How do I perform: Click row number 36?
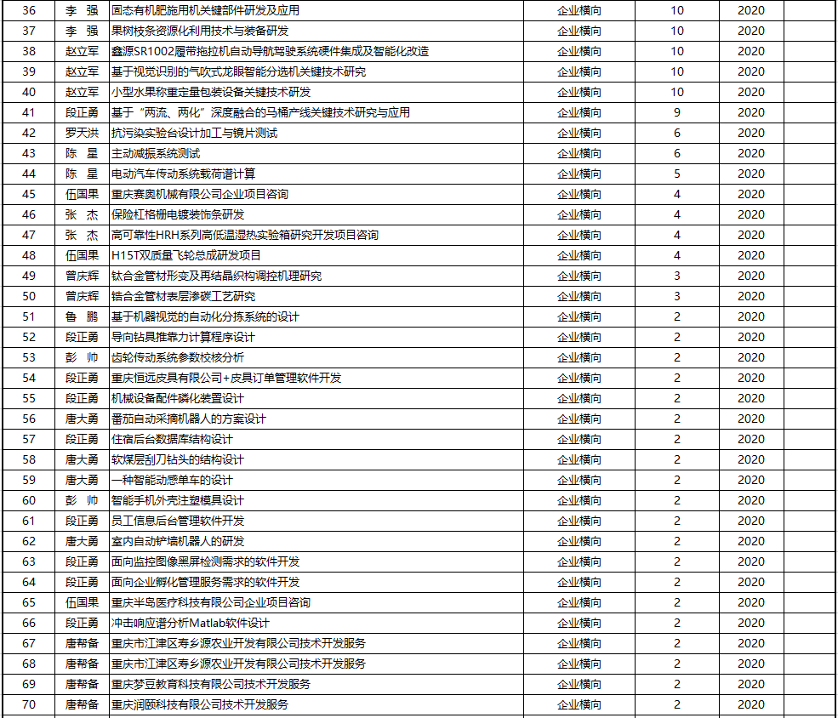click(29, 10)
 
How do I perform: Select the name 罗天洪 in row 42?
click(82, 133)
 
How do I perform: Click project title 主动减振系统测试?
click(156, 153)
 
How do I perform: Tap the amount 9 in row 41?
click(677, 112)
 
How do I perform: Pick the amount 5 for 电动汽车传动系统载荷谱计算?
click(677, 174)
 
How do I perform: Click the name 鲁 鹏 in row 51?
click(82, 316)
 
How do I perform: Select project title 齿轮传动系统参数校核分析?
click(178, 357)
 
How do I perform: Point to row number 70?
click(29, 704)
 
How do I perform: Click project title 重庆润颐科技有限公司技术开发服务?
click(200, 704)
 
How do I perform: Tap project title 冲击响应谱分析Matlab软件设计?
click(191, 623)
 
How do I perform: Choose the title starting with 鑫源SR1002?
click(270, 51)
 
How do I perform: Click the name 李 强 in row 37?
click(82, 31)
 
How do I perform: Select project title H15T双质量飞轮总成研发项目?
click(185, 255)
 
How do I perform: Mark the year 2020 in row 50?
click(750, 296)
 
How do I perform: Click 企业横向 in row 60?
click(579, 500)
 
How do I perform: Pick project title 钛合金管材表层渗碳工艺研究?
click(183, 296)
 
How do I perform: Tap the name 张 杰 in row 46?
click(82, 214)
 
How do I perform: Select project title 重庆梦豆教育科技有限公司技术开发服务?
click(211, 684)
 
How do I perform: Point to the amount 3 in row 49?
click(677, 276)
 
